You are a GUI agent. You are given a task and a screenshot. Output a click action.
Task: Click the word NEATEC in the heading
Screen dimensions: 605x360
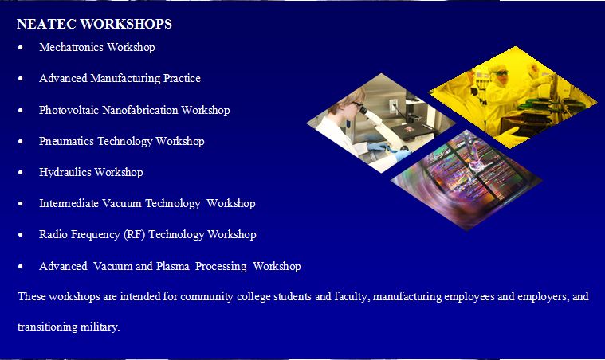pos(46,24)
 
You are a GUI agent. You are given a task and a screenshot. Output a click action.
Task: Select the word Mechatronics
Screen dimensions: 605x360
pos(72,47)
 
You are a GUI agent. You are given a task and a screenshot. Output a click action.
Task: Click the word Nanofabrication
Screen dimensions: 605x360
pos(140,110)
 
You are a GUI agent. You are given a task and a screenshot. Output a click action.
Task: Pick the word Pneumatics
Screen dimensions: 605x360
pos(66,141)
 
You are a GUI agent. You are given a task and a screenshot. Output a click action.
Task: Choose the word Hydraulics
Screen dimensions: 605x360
pos(65,172)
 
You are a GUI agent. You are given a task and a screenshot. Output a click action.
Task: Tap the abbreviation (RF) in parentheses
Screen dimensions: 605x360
pos(134,234)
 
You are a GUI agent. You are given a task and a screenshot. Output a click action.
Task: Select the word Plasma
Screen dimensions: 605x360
pos(173,266)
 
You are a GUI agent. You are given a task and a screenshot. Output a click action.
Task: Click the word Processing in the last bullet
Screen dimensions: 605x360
pos(221,266)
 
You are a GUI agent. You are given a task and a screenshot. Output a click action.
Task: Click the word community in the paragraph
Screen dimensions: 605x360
pos(206,296)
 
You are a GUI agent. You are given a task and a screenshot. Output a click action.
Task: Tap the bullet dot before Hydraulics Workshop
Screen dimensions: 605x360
pos(21,173)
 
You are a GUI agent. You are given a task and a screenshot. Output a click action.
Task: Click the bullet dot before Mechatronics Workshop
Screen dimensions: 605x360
pos(21,48)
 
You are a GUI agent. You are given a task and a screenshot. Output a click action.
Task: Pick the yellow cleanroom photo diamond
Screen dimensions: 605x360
pos(513,97)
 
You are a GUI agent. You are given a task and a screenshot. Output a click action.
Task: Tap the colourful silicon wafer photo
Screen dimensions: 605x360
pos(466,180)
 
